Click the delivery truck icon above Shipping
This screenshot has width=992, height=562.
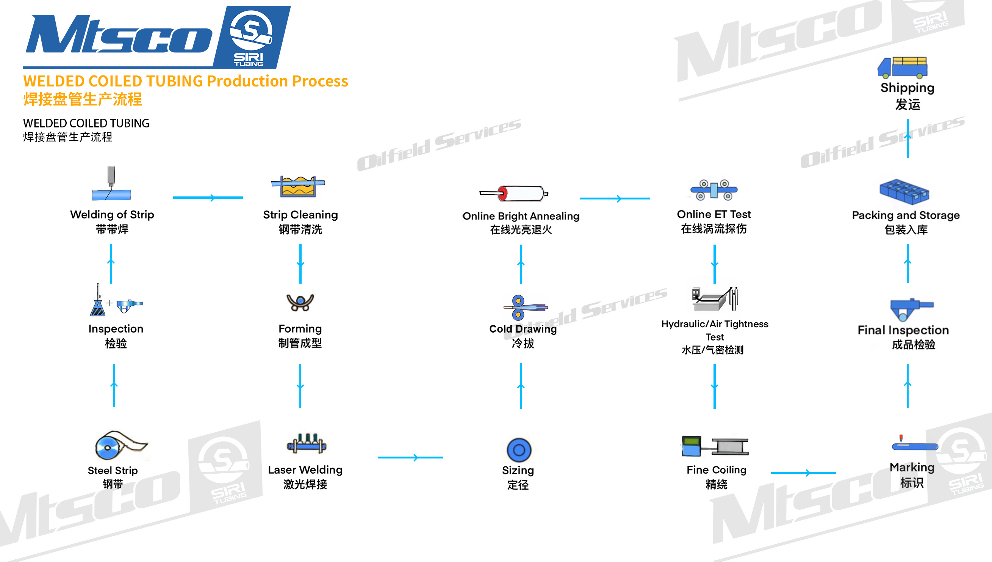[x=902, y=67]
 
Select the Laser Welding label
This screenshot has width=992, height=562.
[x=305, y=470]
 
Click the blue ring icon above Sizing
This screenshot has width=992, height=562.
[x=519, y=450]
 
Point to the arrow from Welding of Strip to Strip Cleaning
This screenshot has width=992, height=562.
[x=208, y=198]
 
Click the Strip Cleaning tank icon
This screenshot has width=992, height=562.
[x=298, y=186]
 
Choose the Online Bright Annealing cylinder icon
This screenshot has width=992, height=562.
[x=514, y=193]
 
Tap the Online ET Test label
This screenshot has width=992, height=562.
[x=714, y=214]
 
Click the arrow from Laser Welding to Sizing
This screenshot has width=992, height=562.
[x=410, y=457]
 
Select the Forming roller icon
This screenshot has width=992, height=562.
[x=300, y=302]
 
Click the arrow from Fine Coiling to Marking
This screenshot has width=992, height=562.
[x=803, y=473]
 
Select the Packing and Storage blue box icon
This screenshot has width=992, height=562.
[x=904, y=192]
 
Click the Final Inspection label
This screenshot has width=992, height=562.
[x=903, y=330]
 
